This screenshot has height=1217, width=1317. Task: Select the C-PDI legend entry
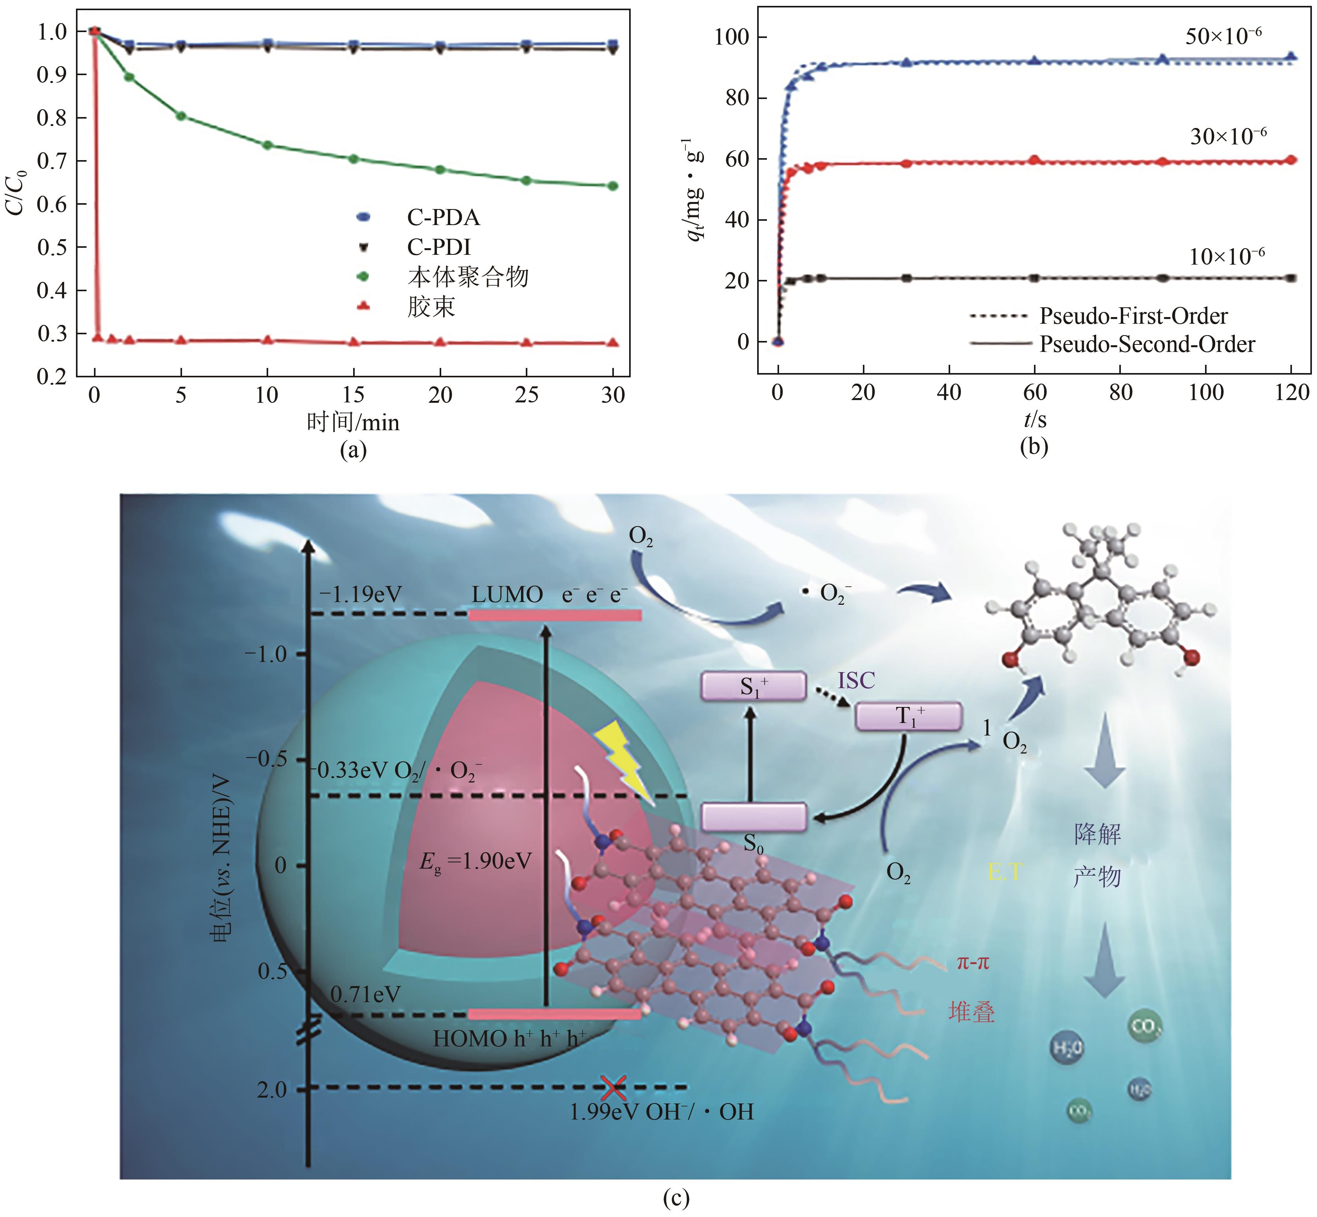438,247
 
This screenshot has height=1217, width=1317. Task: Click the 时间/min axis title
353,422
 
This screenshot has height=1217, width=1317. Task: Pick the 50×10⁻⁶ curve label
1223,36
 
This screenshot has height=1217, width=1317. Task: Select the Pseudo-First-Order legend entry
1133,316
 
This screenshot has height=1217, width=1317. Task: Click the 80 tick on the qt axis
732,98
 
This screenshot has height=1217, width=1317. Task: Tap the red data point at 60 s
1034,160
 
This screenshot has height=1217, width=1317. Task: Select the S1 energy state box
753,686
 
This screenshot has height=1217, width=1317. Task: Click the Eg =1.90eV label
475,862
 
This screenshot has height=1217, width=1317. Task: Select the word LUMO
507,595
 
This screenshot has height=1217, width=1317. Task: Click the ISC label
856,680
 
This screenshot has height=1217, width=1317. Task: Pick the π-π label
972,963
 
